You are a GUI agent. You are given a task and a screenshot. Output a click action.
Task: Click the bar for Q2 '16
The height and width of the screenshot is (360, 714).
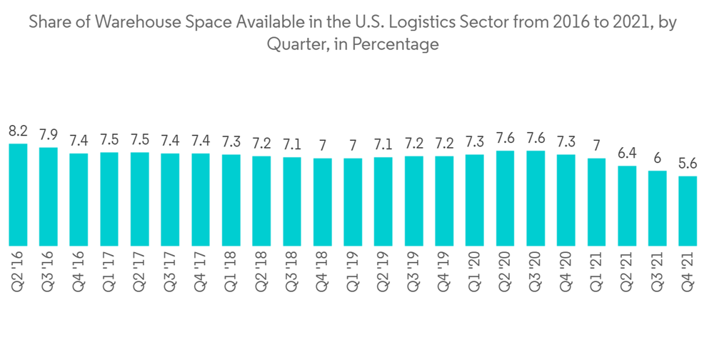click(x=18, y=194)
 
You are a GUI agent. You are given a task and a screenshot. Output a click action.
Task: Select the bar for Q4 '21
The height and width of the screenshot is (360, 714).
click(x=688, y=210)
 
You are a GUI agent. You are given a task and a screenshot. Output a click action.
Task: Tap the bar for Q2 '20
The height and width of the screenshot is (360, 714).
click(x=505, y=198)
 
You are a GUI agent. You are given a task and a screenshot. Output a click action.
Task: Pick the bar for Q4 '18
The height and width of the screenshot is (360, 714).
click(x=322, y=201)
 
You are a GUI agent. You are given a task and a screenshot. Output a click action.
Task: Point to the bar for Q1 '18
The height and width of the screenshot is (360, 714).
click(x=231, y=199)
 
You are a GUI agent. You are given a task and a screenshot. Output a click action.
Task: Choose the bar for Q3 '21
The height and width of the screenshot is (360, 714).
click(x=657, y=208)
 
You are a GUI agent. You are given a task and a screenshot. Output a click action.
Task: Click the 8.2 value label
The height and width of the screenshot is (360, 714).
click(x=18, y=131)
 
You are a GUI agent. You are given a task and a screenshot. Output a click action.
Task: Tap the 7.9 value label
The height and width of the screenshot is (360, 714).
click(x=49, y=135)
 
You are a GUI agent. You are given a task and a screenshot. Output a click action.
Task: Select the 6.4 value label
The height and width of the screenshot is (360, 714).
click(x=627, y=154)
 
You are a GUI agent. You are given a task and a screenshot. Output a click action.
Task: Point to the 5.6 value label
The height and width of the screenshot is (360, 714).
click(x=688, y=164)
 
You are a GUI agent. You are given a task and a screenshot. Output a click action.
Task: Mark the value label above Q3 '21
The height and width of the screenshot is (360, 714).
click(x=657, y=159)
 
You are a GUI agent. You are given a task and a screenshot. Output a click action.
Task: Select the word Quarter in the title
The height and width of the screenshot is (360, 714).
click(x=293, y=44)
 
